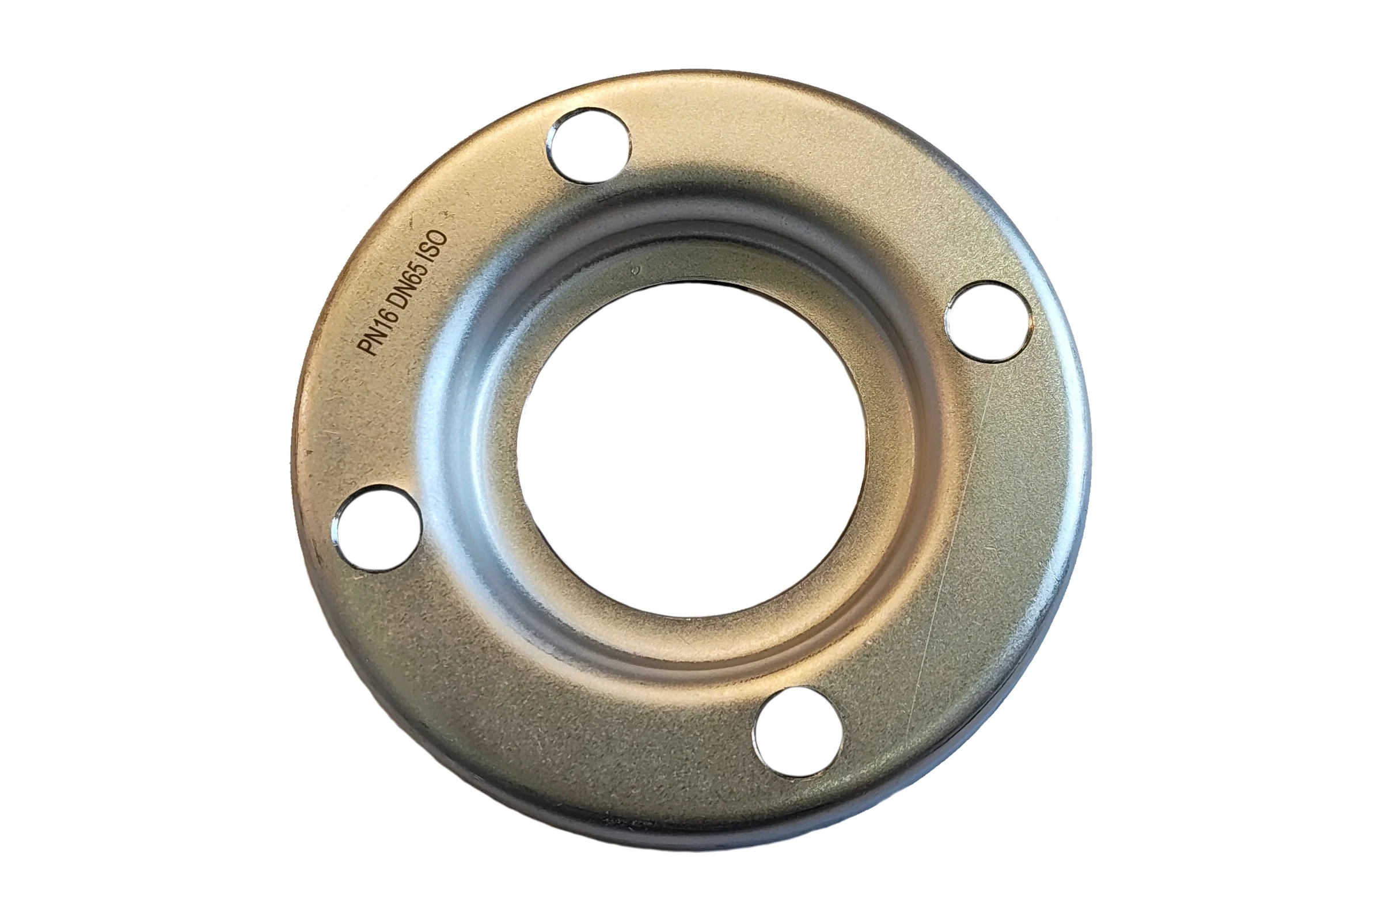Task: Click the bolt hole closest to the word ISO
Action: (x=589, y=146)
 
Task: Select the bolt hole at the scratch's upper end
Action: (x=988, y=321)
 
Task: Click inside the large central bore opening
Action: (x=692, y=450)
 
